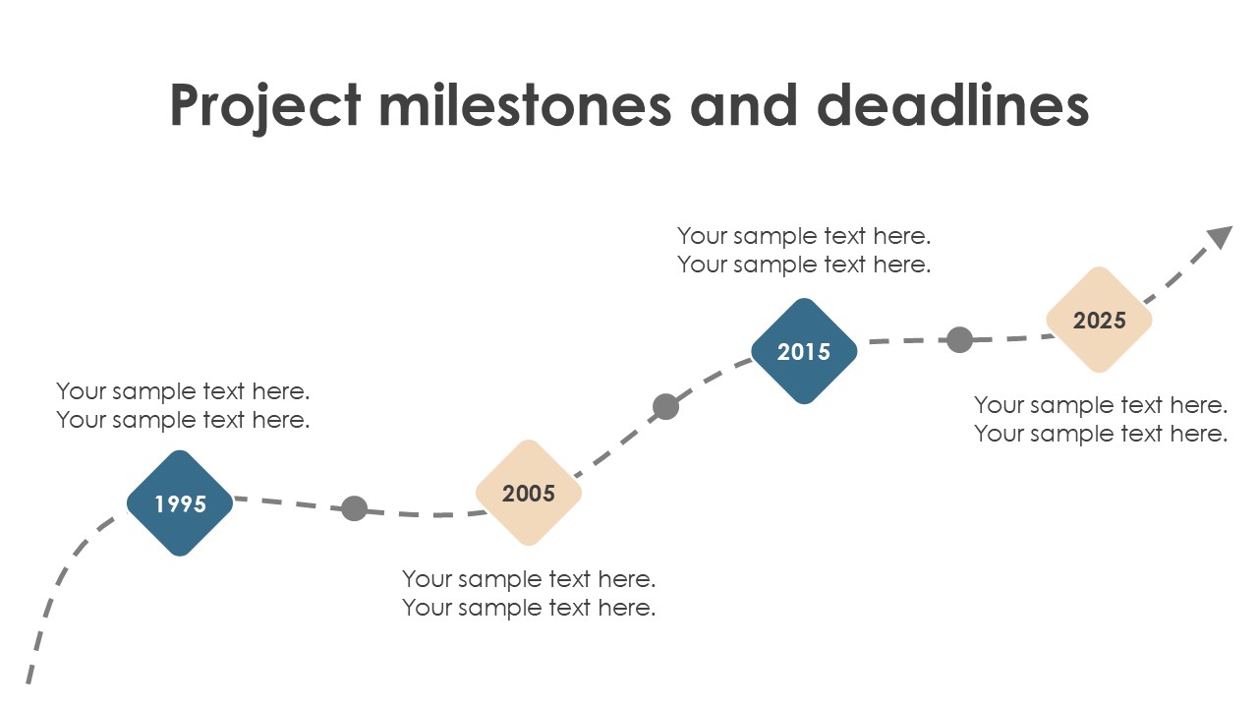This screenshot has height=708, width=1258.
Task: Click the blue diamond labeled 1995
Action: point(180,502)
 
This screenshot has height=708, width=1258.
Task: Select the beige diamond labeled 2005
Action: point(529,493)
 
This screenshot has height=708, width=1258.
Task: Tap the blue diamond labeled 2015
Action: point(804,351)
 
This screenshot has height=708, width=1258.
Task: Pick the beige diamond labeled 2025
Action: point(1099,320)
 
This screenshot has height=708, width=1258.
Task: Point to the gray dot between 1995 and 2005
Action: point(355,508)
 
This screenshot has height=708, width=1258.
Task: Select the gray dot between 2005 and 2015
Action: point(666,406)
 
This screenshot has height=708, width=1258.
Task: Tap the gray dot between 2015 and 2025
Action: point(960,339)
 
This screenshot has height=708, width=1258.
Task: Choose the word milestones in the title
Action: point(525,105)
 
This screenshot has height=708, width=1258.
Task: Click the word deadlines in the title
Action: point(953,105)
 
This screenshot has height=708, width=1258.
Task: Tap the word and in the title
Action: point(744,105)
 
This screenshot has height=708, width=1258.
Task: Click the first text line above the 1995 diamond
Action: point(183,391)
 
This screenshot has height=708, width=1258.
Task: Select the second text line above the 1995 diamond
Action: point(183,420)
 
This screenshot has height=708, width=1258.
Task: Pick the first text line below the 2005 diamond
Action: point(529,579)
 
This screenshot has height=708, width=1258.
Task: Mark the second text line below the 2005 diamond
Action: point(529,608)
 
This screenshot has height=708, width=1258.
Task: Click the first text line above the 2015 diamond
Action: point(804,237)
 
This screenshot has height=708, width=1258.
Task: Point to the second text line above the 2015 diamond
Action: point(804,265)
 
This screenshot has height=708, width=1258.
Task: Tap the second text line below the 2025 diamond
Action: point(1101,435)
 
